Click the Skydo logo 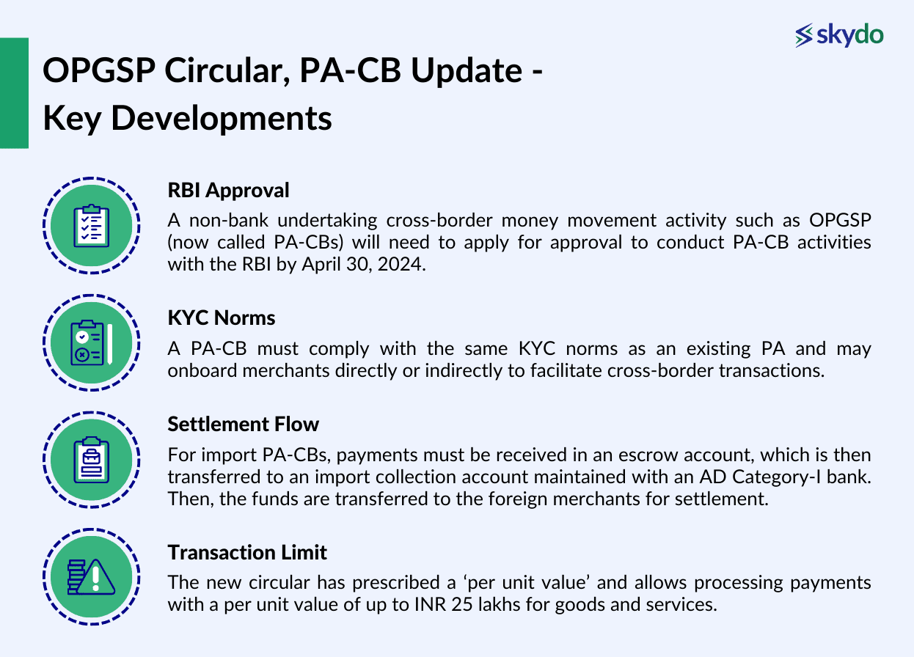coord(839,35)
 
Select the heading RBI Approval coord(228,191)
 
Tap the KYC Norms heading coord(222,318)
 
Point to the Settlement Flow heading coord(243,425)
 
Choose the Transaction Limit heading coord(247,552)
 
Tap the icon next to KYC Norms coord(92,343)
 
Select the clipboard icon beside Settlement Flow coord(92,460)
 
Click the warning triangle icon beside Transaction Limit coord(92,577)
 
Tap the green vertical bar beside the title coord(14,93)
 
